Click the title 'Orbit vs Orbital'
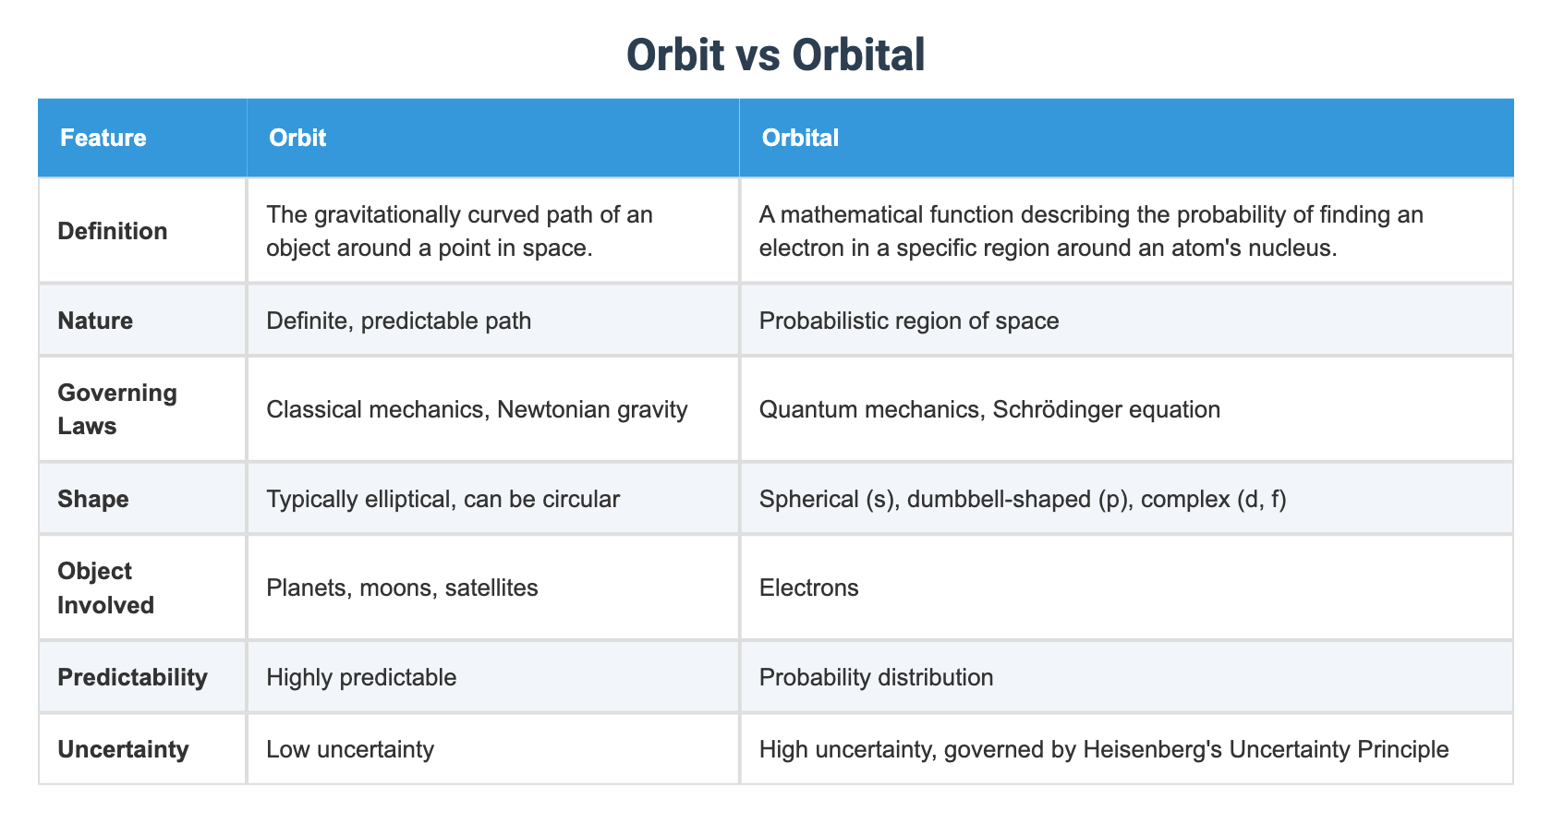pos(775,55)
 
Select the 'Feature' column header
pos(103,138)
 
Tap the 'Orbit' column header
pos(297,138)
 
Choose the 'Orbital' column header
pos(800,138)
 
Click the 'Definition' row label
pos(113,231)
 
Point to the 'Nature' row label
pos(95,321)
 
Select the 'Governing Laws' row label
pos(117,409)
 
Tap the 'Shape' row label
pos(93,499)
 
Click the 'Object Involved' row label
pos(105,588)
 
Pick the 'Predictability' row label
pos(132,677)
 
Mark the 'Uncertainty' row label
pos(123,748)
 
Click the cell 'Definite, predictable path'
pos(398,321)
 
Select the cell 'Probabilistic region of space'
pos(909,321)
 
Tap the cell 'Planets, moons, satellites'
pos(402,588)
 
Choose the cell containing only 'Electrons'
pos(808,588)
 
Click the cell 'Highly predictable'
pos(361,677)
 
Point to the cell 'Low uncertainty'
pos(350,748)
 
